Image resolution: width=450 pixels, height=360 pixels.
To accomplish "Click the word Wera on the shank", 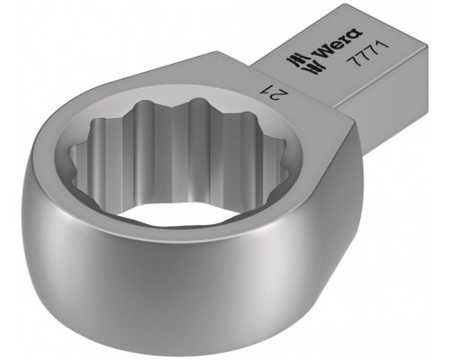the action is (337, 42).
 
